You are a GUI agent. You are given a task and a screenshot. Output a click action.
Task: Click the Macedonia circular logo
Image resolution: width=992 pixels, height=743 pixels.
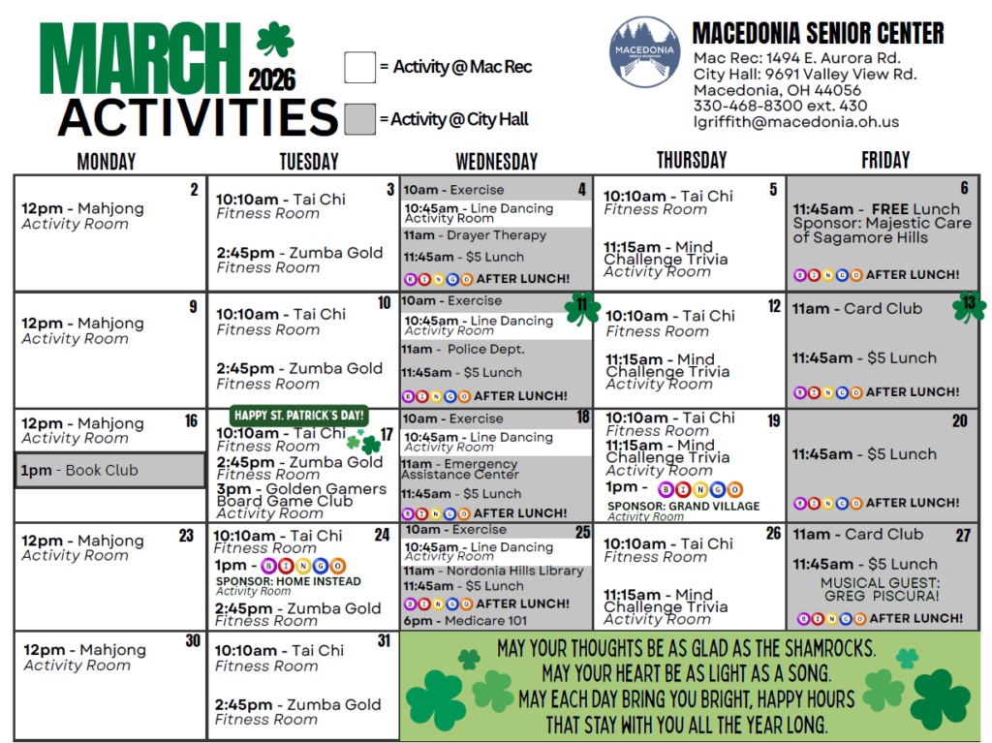click(645, 53)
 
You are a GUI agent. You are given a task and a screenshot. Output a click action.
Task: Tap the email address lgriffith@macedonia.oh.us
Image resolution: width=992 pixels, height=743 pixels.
click(795, 122)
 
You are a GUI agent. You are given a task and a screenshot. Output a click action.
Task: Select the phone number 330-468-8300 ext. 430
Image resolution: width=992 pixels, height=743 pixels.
click(780, 106)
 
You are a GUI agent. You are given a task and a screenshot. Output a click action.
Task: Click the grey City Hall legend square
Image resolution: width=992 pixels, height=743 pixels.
click(359, 118)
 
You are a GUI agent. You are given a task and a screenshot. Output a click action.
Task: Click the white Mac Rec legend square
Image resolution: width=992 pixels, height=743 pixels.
click(359, 67)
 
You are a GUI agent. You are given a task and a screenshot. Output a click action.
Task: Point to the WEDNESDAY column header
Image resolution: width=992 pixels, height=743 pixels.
click(496, 161)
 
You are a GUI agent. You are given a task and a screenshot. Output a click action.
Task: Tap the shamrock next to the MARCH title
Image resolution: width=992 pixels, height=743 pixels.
click(274, 42)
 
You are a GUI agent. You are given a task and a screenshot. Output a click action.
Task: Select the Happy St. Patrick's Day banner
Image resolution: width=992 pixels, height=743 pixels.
click(299, 416)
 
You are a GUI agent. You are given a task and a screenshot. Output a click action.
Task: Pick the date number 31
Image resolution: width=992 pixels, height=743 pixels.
click(384, 640)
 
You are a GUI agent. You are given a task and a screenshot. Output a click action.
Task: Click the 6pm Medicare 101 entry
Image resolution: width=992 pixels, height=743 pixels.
click(466, 620)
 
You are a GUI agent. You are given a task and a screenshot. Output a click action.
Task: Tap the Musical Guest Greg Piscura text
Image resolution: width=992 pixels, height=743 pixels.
click(880, 590)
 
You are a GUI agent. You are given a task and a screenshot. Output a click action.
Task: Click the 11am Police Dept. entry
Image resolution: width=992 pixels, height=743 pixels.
click(464, 349)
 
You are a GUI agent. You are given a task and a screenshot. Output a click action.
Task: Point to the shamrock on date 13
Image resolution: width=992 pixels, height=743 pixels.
click(968, 307)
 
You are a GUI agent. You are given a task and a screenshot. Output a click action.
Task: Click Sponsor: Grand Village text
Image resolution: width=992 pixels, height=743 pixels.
click(683, 506)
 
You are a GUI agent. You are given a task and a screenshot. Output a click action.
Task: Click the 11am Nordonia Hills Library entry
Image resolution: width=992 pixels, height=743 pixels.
click(493, 571)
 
